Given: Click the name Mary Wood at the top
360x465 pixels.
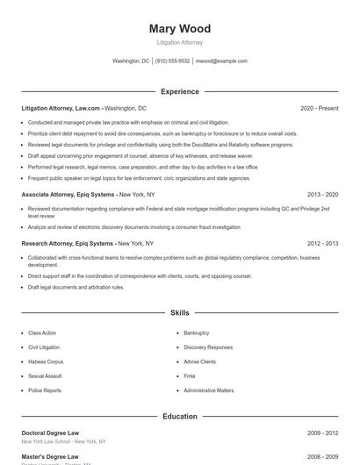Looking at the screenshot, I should point(179,29).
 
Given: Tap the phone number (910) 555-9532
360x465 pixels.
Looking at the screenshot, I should point(173,61).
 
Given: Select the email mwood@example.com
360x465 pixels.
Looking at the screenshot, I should point(221,61).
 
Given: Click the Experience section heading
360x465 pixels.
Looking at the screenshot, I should point(179,91).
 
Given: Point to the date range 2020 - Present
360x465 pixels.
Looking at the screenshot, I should point(319,108).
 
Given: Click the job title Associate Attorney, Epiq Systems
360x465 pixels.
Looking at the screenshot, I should point(68,194).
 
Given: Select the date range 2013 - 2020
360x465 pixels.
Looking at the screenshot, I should point(322,194).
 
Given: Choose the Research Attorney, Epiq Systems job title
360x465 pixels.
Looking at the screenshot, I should point(68,243).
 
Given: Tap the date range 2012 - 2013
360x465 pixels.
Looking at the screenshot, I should point(322,243).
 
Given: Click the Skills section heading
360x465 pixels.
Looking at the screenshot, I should point(179,312).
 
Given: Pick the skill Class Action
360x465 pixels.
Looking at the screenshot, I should point(42,333).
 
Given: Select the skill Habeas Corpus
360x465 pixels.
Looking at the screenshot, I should point(45,361).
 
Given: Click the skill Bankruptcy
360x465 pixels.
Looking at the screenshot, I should point(197,333).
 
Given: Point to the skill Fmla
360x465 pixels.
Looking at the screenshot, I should point(190,376).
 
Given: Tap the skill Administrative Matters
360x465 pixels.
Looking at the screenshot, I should point(209,390).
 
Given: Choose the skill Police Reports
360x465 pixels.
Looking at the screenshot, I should point(45,390).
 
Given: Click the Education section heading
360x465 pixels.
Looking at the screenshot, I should point(179,416).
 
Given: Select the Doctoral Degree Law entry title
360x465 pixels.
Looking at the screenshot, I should point(50,433).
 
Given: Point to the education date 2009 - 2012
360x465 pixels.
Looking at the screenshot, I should point(322,433).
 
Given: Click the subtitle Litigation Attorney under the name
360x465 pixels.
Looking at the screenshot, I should point(179,42).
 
